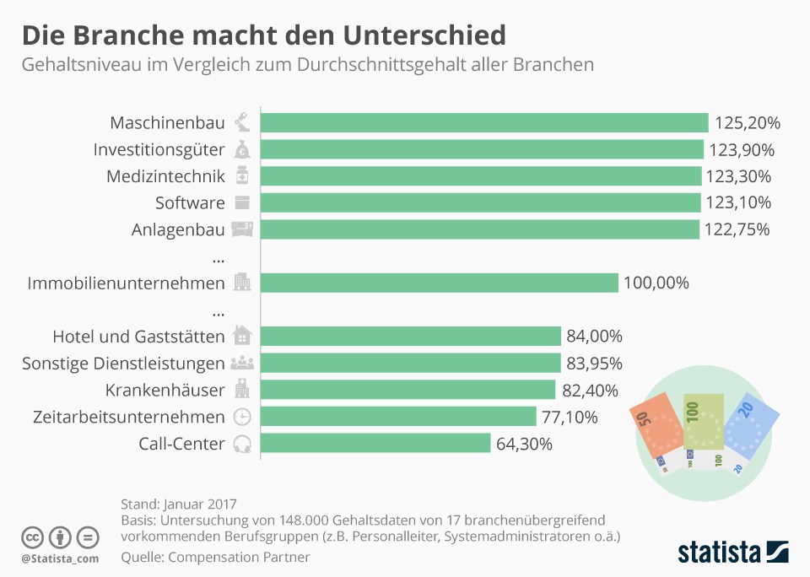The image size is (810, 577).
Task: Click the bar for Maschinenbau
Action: point(484,123)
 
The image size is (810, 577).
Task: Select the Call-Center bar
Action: point(375,443)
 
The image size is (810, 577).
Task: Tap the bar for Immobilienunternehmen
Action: point(439,283)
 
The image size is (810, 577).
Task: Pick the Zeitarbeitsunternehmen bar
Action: point(398,417)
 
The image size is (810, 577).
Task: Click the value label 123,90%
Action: point(742,150)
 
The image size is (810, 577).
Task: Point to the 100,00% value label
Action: point(656,283)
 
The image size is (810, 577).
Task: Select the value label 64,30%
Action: point(524,444)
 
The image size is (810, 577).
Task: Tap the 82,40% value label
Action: point(590,391)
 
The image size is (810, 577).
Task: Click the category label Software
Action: point(190,203)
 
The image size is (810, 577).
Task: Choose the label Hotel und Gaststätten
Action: point(139,337)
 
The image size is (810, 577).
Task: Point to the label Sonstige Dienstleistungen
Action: point(123,364)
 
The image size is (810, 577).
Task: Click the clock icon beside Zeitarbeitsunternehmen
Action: point(242,417)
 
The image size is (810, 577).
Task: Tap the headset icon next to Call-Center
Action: point(242,444)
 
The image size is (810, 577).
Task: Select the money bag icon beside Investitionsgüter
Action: point(242,149)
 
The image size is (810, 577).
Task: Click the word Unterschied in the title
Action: point(424,35)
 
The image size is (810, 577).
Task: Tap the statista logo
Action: point(733,552)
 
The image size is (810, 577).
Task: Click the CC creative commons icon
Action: point(32,537)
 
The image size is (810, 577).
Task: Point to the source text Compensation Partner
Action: point(239,558)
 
